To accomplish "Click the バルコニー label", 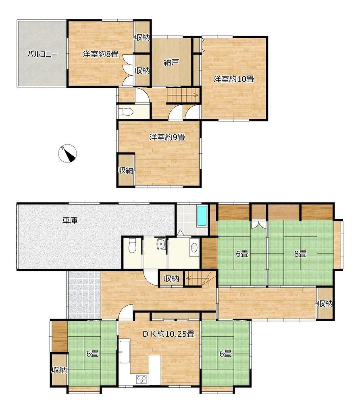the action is [42, 54].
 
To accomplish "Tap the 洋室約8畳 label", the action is [101, 54].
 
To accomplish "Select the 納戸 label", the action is [171, 62].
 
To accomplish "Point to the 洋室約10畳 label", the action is [233, 79].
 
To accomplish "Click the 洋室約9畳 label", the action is [167, 137].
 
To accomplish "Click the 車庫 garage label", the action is [70, 220].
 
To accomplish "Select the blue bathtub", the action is [202, 216].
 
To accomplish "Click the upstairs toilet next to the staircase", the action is [126, 112].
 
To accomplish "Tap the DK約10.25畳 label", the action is [169, 334].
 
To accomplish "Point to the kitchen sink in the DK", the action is [124, 352].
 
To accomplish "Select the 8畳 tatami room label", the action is [300, 254].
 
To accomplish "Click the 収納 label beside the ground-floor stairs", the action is [171, 278].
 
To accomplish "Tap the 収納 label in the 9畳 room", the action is [126, 171].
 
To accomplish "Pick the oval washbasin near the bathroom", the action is [194, 248].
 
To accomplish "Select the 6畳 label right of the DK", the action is [225, 353].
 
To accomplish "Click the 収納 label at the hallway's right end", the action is [325, 304].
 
